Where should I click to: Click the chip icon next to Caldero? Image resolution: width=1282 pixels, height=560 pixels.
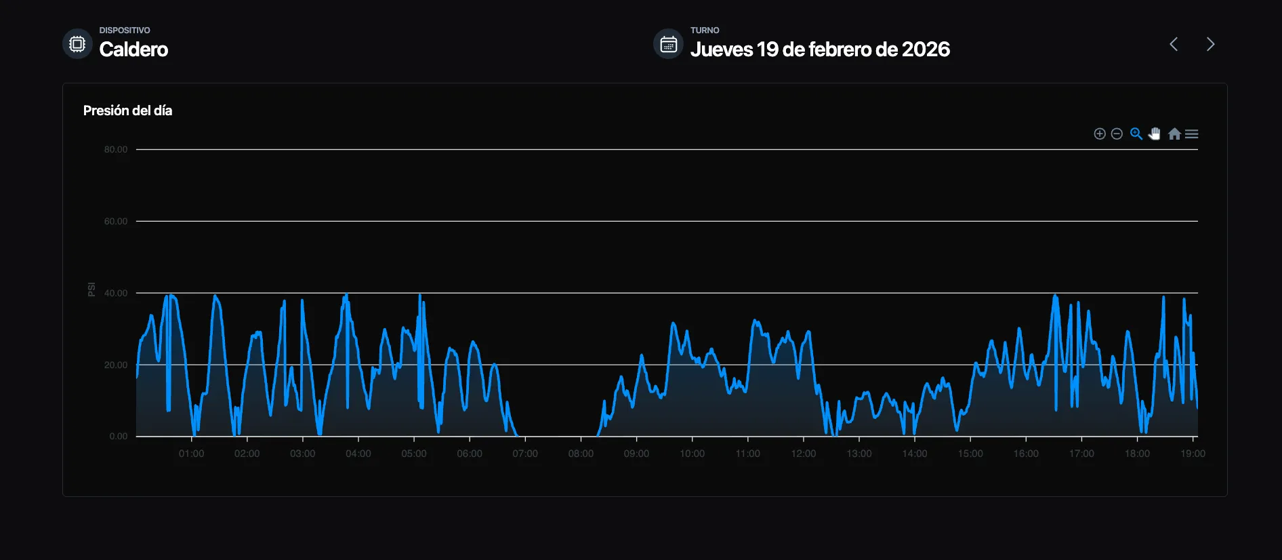point(77,44)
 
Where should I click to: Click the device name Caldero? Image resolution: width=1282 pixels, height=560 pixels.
point(133,49)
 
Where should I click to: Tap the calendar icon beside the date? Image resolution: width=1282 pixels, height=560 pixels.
point(668,44)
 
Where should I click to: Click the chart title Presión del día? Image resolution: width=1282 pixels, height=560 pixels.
point(127,111)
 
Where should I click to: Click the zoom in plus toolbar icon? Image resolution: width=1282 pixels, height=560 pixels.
point(1100,134)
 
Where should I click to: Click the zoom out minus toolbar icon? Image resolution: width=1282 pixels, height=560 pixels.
point(1117,134)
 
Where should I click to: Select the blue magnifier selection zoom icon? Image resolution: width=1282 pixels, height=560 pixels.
point(1136,134)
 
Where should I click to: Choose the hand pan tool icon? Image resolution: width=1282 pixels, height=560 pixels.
point(1155,134)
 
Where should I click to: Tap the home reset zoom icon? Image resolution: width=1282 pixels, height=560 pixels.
point(1174,134)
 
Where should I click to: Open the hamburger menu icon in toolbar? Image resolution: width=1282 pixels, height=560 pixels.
point(1192,134)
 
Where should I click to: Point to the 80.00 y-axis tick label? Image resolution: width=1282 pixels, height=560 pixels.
point(116,150)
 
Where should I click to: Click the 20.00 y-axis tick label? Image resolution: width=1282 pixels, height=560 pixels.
point(116,365)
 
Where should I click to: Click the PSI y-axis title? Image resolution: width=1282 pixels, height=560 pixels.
point(91,289)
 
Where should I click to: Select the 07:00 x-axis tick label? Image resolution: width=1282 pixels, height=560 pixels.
point(525,454)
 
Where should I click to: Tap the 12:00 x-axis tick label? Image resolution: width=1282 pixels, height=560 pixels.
point(803,454)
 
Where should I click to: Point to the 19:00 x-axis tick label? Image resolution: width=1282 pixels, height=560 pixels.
point(1193,454)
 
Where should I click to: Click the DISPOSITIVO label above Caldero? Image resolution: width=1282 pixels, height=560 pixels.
point(125,31)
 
